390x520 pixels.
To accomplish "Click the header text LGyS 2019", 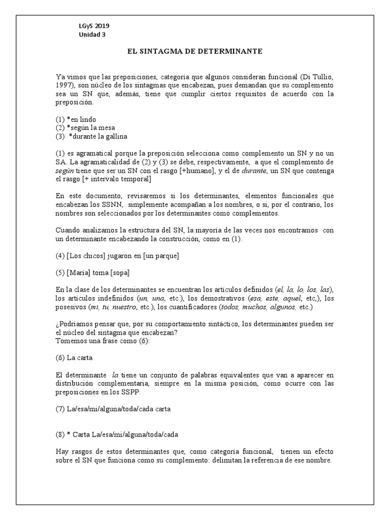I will click(93, 26).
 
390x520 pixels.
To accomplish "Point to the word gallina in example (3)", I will click(115, 136).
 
